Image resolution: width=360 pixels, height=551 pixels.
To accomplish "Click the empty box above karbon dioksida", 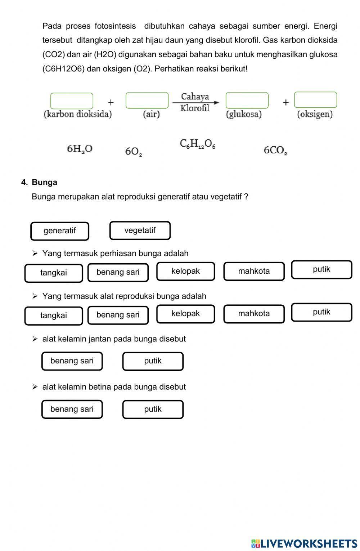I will point(72,100).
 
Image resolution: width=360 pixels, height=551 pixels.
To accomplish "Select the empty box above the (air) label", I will point(147,100).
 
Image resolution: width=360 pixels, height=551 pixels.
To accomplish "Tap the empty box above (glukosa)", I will point(247,100).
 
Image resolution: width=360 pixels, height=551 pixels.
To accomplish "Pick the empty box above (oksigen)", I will point(315,100).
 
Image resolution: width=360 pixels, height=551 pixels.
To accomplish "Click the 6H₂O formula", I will point(80,149).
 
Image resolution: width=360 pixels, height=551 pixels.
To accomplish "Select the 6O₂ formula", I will point(134,152).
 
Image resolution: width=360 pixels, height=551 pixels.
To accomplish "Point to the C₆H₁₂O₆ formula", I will point(197,144).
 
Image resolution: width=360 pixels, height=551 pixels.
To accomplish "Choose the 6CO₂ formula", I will point(275,150).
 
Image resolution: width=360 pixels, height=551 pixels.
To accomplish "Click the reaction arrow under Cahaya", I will point(195,103).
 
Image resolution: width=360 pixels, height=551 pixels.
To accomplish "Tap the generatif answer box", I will point(60,231).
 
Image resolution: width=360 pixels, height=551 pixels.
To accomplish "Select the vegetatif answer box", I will point(140,230).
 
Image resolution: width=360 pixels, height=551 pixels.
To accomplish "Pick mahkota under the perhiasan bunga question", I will point(254,271).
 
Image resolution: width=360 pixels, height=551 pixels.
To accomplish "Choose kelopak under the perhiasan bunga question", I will point(185,271).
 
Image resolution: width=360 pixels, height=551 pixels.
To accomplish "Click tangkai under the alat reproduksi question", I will point(54,315).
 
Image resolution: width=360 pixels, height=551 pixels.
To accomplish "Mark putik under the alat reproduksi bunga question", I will point(321,312).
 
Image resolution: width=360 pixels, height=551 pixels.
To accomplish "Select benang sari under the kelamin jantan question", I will point(72,361).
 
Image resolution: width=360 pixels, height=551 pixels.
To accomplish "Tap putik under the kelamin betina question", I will point(153,409).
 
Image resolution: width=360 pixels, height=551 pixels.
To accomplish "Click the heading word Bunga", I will point(44,182).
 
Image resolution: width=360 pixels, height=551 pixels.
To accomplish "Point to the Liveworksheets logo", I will point(304,543).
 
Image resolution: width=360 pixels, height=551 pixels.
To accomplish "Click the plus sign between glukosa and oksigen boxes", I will point(285,102).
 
